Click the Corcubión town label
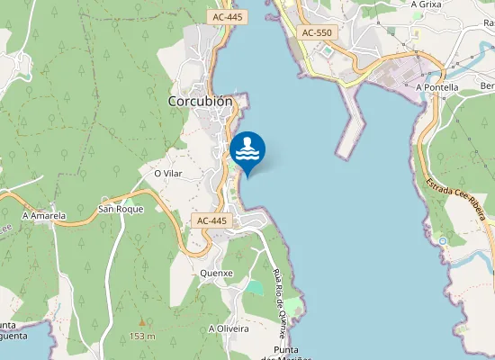201,102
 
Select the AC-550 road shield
316,32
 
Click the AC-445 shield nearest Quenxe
213,220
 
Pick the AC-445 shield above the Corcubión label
228,17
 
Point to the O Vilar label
169,173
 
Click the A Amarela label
44,216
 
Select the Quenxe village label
217,273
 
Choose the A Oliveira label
229,328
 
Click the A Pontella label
437,87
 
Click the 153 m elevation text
141,337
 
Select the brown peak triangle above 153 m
141,321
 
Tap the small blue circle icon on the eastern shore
443,240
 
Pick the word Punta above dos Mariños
291,349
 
